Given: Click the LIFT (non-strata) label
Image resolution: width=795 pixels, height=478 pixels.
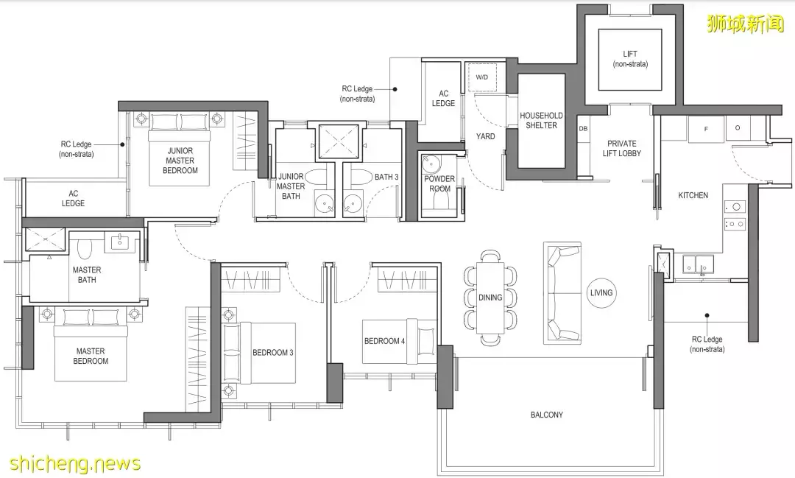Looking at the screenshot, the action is click(x=630, y=59).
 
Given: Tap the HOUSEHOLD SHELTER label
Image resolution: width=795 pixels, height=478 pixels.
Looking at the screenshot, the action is click(x=541, y=120).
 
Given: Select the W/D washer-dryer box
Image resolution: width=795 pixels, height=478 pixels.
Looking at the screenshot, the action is click(x=481, y=77).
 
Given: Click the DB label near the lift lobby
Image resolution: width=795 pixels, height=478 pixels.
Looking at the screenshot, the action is click(x=583, y=129).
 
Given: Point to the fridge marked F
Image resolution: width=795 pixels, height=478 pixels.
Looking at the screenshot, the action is click(x=705, y=130).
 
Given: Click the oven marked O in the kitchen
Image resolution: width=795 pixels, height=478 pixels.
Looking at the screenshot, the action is click(x=738, y=128).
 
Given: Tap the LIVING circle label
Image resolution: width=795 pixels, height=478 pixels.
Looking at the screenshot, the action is click(x=601, y=293).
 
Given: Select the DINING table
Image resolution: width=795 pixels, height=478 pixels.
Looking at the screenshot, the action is click(x=490, y=298).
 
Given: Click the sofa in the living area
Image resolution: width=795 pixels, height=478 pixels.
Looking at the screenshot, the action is click(x=562, y=293).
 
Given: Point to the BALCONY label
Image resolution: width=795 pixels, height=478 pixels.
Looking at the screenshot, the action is click(x=546, y=415).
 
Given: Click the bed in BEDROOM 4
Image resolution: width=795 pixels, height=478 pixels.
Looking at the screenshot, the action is click(x=399, y=341).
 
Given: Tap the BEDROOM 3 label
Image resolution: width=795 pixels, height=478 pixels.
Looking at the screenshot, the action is click(x=273, y=353).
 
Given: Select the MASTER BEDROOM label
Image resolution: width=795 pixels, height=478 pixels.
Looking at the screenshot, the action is click(x=91, y=356).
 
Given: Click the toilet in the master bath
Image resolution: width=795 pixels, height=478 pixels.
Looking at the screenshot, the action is click(x=84, y=249).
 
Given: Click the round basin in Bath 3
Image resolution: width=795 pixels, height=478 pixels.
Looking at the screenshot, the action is click(x=352, y=203).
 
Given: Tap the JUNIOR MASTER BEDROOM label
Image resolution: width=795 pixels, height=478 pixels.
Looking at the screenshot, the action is click(x=180, y=161).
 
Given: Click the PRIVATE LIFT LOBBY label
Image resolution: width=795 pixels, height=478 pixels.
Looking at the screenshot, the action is click(x=621, y=148).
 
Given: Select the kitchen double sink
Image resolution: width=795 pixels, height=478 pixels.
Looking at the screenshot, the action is click(x=698, y=264).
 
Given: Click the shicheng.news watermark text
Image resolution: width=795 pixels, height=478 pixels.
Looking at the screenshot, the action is click(x=75, y=463).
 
